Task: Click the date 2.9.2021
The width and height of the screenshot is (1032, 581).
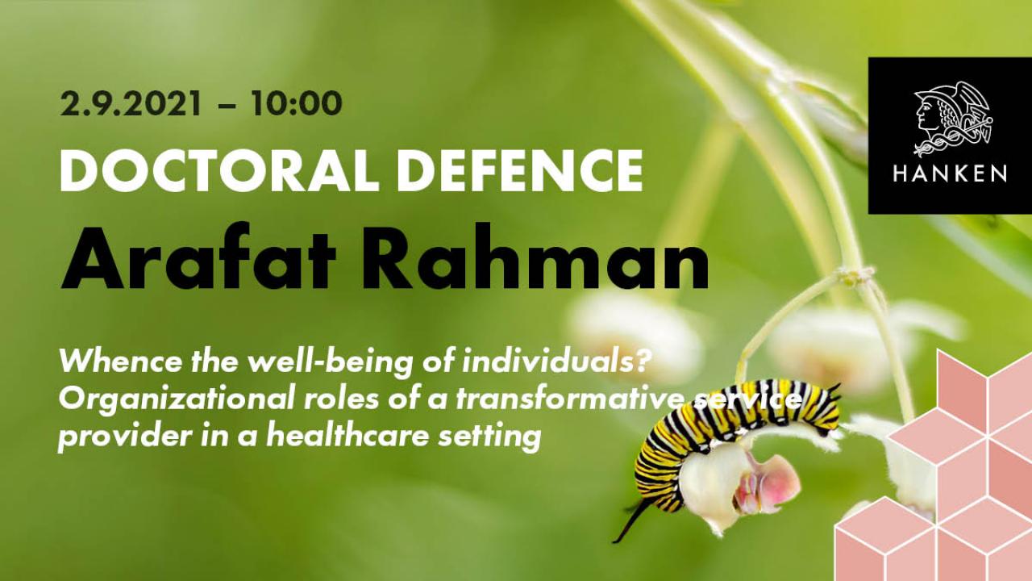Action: click(131, 104)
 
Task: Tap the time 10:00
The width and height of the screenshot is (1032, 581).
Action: click(296, 104)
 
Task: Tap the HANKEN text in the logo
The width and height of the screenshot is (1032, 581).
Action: click(950, 173)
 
